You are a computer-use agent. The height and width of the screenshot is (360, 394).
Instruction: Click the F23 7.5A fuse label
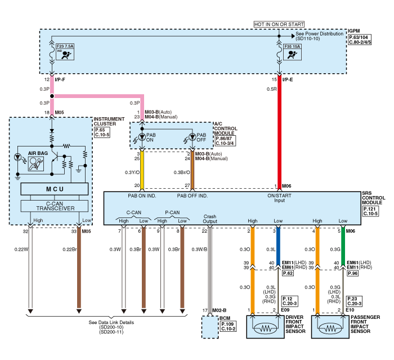(65, 45)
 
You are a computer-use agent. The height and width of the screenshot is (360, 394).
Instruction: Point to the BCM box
(210, 327)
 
